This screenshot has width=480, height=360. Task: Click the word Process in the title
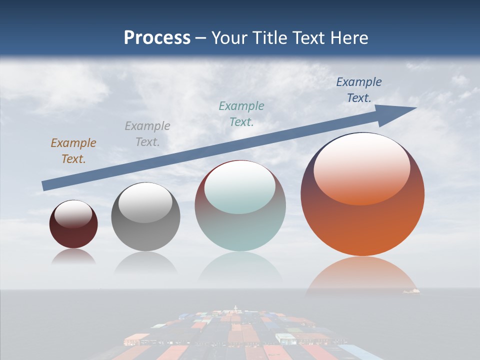[157, 38]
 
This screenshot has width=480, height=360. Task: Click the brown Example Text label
[73, 150]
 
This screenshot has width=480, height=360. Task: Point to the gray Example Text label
[147, 133]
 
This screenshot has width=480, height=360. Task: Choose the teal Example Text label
[241, 113]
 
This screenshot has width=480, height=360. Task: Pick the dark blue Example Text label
[358, 89]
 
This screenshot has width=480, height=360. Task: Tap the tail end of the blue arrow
[44, 186]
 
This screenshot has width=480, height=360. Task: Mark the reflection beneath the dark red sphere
[73, 256]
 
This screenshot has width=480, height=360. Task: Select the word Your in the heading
[230, 38]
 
